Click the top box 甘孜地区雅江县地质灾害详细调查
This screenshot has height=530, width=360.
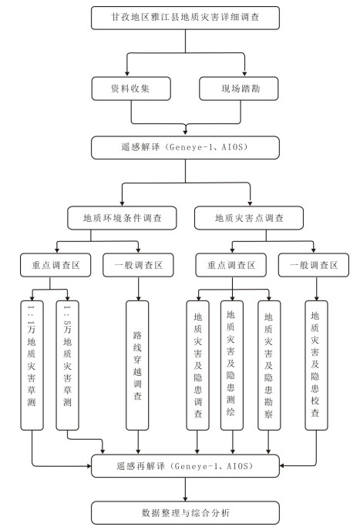pyautogui.click(x=185, y=18)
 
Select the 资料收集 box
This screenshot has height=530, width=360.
pyautogui.click(x=131, y=89)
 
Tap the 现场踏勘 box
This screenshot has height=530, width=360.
pyautogui.click(x=239, y=89)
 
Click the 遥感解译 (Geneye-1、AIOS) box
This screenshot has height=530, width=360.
pyautogui.click(x=185, y=147)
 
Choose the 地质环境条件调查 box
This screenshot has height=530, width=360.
pyautogui.click(x=122, y=218)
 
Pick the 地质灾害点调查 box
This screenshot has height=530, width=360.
pyautogui.click(x=249, y=218)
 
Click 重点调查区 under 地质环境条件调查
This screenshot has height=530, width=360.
pyautogui.click(x=56, y=265)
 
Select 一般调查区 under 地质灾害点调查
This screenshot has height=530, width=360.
pyautogui.click(x=314, y=265)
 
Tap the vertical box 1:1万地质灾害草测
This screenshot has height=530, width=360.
pyautogui.click(x=32, y=365)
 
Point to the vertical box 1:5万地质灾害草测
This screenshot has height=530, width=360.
pyautogui.click(x=68, y=365)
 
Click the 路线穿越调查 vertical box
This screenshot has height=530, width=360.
pyautogui.click(x=137, y=365)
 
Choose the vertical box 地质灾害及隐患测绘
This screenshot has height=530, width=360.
pyautogui.click(x=232, y=365)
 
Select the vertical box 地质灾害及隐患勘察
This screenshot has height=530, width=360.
pyautogui.click(x=269, y=365)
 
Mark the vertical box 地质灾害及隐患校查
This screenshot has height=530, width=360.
pyautogui.click(x=316, y=365)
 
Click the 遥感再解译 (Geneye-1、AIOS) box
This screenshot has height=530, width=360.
pyautogui.click(x=185, y=466)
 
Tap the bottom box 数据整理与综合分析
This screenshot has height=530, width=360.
pyautogui.click(x=185, y=513)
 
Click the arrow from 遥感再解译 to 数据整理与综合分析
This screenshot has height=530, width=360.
pyautogui.click(x=185, y=489)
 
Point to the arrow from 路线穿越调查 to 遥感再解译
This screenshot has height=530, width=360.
pyautogui.click(x=138, y=442)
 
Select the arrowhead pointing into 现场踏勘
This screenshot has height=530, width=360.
pyautogui.click(x=244, y=74)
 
